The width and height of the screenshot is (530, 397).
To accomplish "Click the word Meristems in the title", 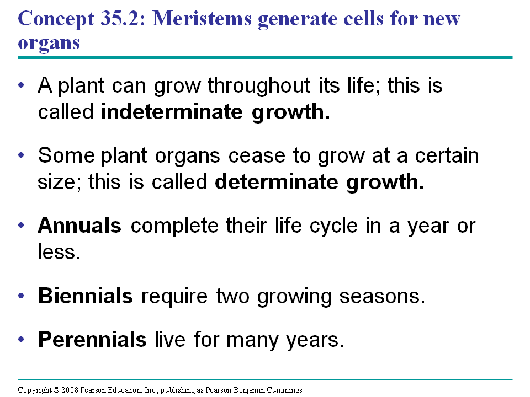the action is (x=202, y=18).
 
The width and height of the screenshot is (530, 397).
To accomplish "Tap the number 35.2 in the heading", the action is (x=120, y=18).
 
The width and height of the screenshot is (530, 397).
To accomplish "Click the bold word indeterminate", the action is (x=172, y=112).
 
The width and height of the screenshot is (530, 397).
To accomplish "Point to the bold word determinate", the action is (x=276, y=182).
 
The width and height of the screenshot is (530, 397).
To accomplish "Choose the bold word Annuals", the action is (x=79, y=225).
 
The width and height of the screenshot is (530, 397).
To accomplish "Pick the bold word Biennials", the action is (x=85, y=296).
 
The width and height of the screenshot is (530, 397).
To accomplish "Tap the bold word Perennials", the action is (x=92, y=339).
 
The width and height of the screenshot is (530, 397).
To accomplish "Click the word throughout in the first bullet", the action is (x=259, y=85).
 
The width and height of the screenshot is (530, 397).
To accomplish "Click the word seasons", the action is (x=382, y=297).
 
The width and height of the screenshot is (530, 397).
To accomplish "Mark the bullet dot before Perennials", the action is (x=22, y=339).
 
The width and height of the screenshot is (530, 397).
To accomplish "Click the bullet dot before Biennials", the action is (x=22, y=296).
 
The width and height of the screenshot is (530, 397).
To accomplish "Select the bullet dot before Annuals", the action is (x=22, y=225).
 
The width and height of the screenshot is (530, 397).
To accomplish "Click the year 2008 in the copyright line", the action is (x=70, y=390).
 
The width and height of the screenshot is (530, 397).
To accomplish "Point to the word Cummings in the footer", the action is (x=284, y=390).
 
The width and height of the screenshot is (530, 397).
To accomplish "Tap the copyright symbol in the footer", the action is (x=56, y=390).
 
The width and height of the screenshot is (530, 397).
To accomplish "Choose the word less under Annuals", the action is (x=59, y=252).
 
